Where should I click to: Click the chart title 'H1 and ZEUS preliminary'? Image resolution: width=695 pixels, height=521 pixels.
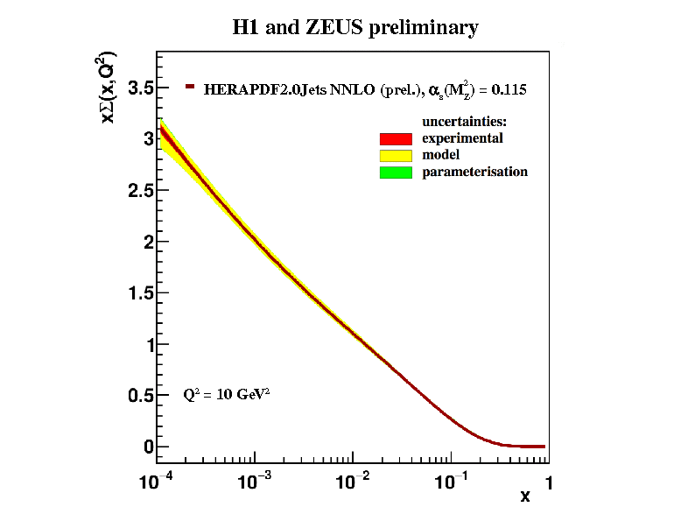click(355, 28)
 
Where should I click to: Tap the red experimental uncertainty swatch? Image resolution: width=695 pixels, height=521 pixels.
click(396, 138)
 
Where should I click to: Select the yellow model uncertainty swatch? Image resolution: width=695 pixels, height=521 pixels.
click(396, 155)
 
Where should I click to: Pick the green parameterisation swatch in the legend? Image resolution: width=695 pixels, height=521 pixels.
click(396, 172)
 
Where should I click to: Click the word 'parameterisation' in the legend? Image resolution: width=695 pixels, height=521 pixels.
click(474, 172)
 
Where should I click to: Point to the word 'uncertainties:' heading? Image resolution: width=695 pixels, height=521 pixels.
click(465, 121)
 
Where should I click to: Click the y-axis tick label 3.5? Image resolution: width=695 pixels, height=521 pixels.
click(141, 88)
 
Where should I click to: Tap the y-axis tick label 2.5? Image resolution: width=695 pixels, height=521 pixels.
click(141, 191)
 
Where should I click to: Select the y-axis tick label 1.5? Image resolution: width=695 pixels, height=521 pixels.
click(141, 293)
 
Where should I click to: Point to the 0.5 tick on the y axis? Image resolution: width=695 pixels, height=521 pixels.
click(141, 396)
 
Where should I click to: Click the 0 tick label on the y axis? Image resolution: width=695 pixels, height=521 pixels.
click(149, 447)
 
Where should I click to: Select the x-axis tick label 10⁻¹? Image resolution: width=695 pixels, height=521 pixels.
click(453, 481)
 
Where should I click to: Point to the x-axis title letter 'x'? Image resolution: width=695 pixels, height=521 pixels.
click(525, 496)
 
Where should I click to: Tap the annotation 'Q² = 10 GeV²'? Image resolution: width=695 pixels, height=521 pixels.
click(226, 394)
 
